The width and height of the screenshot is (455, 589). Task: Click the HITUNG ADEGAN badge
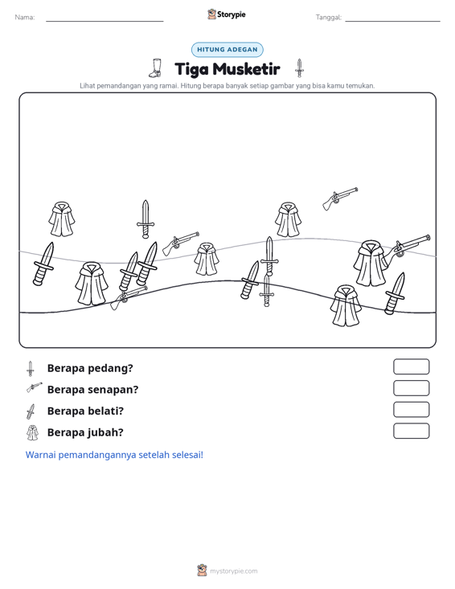click(x=227, y=50)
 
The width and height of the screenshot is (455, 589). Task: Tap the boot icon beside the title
click(x=155, y=68)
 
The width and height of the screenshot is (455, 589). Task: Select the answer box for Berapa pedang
click(x=411, y=366)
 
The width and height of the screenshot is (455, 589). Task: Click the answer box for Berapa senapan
click(x=411, y=388)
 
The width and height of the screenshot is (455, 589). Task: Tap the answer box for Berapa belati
click(x=411, y=410)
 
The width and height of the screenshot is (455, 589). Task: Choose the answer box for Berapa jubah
click(x=411, y=431)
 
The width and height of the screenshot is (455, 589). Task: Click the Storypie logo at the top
click(x=227, y=14)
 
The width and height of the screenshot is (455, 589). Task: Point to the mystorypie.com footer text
click(x=233, y=571)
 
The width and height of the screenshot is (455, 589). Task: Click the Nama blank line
click(x=105, y=22)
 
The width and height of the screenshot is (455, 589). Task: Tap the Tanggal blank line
click(x=392, y=22)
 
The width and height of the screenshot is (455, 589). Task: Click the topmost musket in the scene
click(x=340, y=198)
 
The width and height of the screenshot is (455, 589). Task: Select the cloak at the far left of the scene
click(x=61, y=219)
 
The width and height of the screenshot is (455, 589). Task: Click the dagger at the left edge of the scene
click(x=43, y=264)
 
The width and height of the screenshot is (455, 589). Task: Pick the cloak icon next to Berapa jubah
click(x=32, y=432)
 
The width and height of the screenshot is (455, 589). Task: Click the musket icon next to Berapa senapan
click(x=35, y=387)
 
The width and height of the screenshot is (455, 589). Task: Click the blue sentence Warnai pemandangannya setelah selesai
click(x=114, y=455)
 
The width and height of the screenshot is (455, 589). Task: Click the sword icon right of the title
click(x=299, y=68)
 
